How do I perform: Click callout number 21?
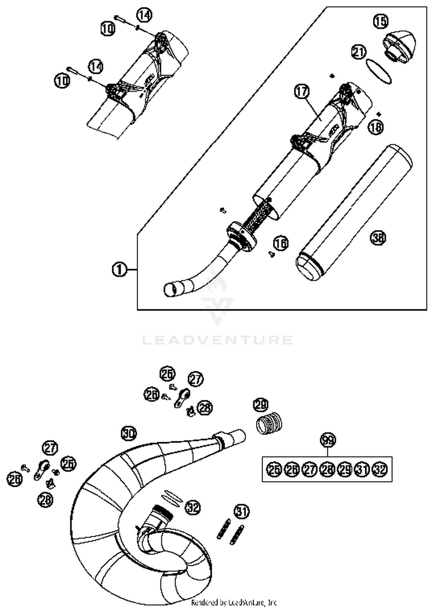[x=359, y=52]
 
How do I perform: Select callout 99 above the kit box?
[x=328, y=440]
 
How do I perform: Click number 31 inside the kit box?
[x=362, y=469]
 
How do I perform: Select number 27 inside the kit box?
[x=310, y=469]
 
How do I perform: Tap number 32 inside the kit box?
[x=380, y=469]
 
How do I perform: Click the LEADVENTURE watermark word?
[x=217, y=340]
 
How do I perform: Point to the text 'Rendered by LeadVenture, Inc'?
[x=234, y=603]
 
